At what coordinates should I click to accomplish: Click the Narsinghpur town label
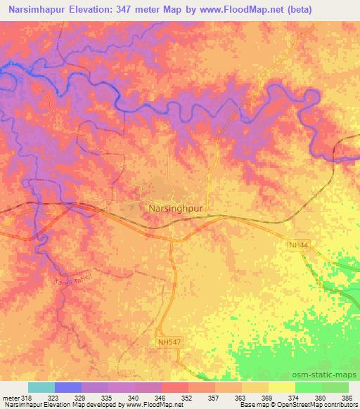point(176,208)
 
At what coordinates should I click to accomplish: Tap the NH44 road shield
point(297,245)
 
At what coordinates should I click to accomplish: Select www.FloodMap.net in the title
point(250,10)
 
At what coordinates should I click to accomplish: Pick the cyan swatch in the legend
point(41,387)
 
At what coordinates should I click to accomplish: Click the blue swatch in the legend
point(68,387)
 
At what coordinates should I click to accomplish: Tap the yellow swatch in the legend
point(281,387)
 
